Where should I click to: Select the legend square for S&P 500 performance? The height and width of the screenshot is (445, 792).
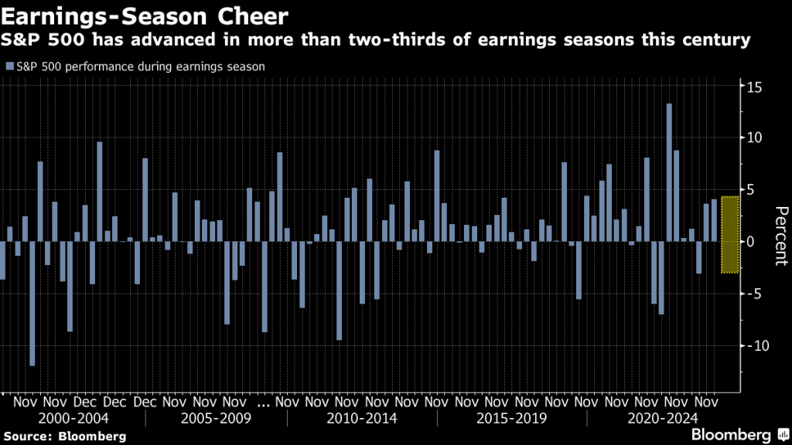[x=9, y=66]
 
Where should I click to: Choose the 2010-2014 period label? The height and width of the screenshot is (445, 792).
[x=362, y=419]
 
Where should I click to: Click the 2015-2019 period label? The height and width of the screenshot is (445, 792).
[x=510, y=419]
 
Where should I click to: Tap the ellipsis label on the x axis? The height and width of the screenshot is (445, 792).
[x=263, y=402]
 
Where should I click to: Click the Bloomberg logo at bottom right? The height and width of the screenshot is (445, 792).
[x=732, y=435]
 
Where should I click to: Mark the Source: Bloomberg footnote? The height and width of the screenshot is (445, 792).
[x=63, y=436]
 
